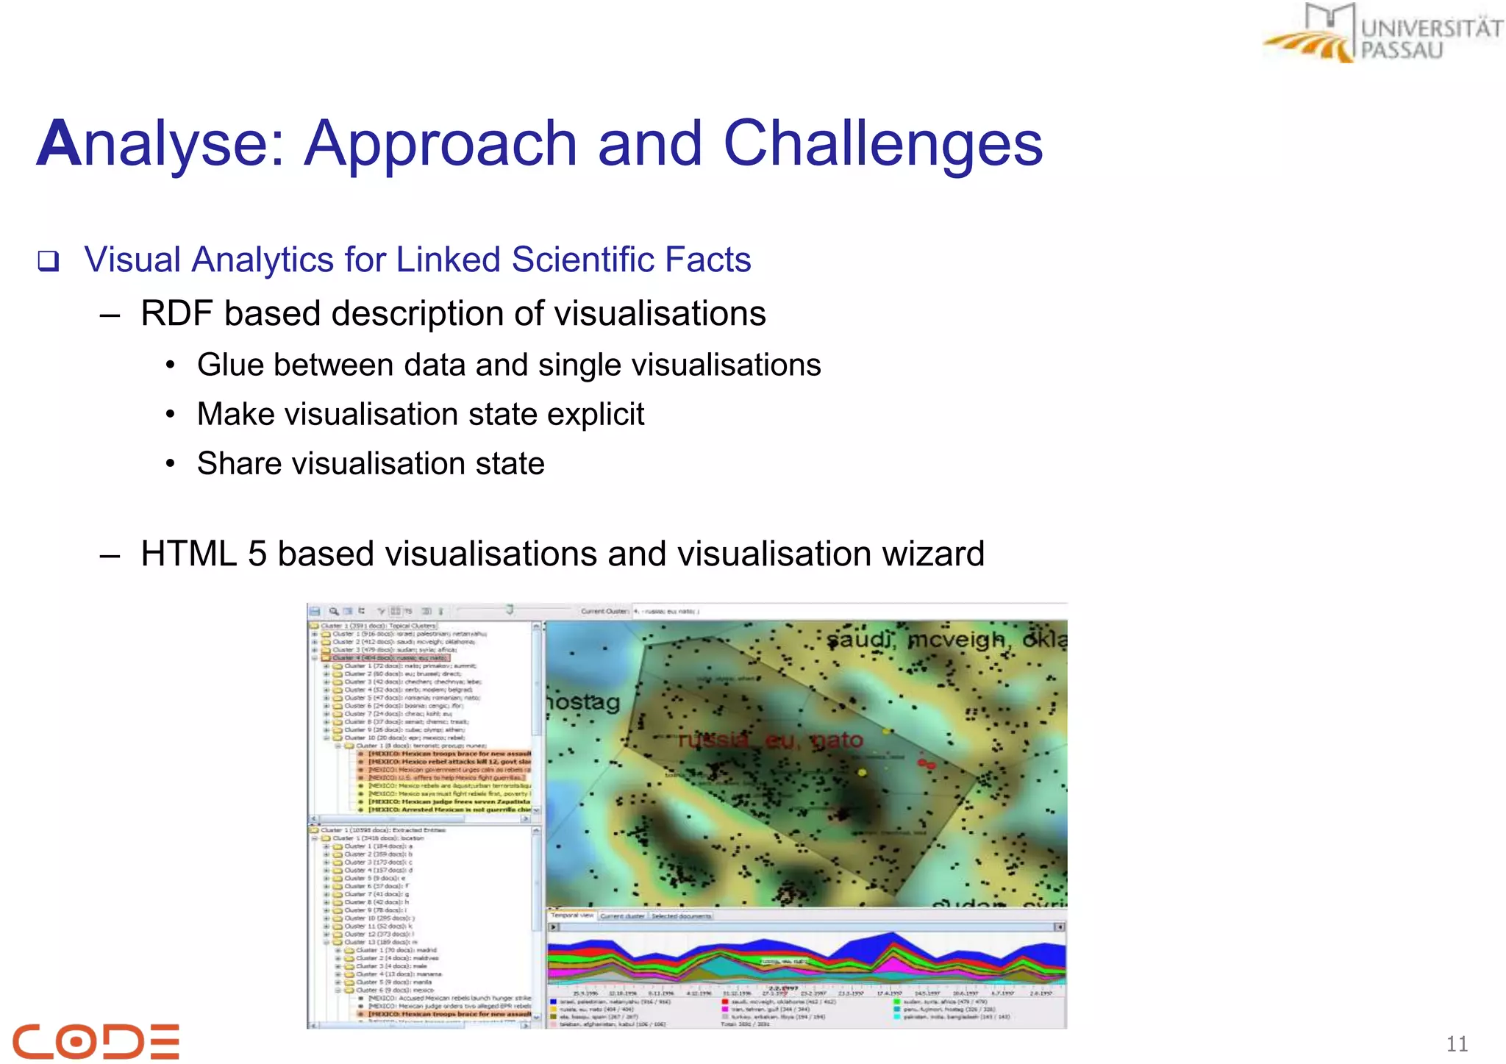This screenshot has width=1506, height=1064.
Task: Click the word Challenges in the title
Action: pos(882,143)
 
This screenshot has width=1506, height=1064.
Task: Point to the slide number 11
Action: pos(1457,1043)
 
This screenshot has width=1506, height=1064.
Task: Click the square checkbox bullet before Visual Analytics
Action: pos(49,261)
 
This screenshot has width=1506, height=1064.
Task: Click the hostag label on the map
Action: pos(583,702)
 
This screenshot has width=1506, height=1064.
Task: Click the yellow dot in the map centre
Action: pos(863,772)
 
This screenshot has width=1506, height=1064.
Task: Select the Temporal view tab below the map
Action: pos(571,915)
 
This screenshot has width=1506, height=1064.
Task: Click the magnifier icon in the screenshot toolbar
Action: pos(333,611)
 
